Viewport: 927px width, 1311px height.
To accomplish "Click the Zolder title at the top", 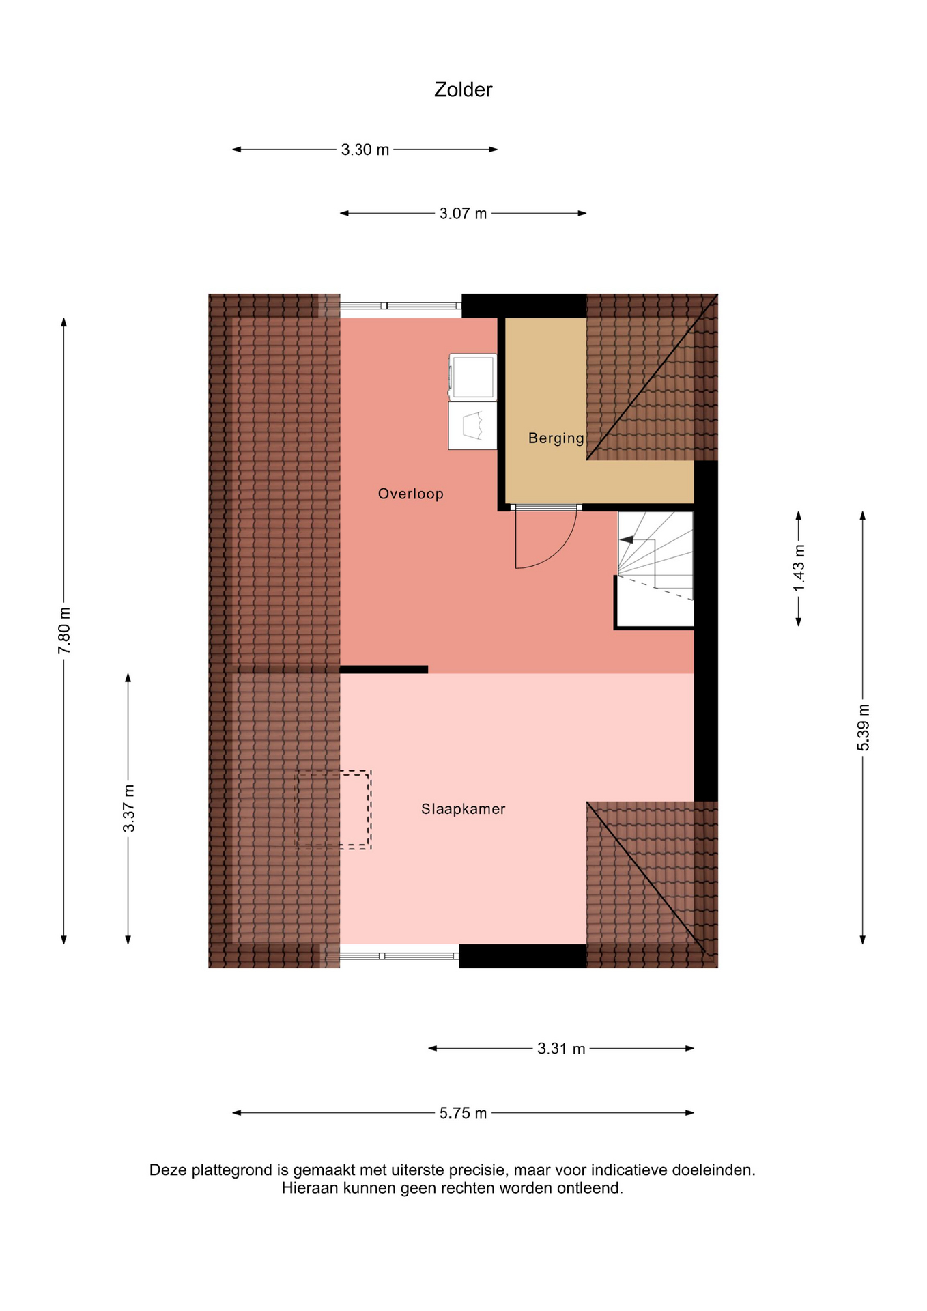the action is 463,89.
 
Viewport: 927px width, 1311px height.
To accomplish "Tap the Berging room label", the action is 556,438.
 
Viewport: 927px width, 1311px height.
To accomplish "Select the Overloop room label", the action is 411,494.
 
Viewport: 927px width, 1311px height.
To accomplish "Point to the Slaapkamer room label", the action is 463,809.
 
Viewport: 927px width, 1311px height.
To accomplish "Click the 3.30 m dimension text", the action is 365,150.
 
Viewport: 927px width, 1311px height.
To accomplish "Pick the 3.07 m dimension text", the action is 463,214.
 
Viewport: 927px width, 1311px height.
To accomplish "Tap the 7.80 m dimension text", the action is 64,630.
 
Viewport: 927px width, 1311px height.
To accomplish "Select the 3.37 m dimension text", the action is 128,809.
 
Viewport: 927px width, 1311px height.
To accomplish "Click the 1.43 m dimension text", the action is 799,568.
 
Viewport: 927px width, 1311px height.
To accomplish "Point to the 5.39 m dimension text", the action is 864,727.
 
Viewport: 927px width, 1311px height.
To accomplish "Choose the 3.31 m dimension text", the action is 561,1049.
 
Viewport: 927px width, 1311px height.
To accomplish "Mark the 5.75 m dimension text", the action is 463,1113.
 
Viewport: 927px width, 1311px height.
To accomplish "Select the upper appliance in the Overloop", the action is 472,377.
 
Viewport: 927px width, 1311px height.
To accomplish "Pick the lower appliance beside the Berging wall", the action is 472,425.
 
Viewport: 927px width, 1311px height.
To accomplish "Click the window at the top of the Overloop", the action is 401,306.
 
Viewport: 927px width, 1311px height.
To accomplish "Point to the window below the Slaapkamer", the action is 399,956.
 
